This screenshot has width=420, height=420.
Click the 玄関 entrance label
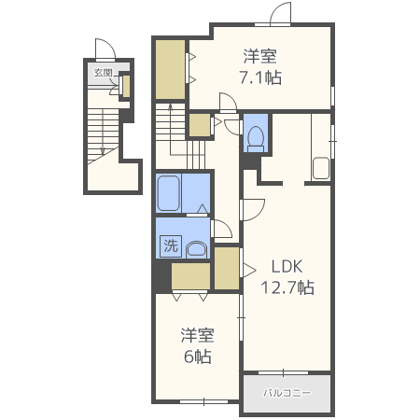[x=103, y=73]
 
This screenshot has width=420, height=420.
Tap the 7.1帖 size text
[x=260, y=77]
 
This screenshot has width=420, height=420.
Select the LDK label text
[x=287, y=267]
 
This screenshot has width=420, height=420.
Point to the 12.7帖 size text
[x=287, y=287]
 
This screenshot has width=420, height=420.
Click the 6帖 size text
[x=198, y=357]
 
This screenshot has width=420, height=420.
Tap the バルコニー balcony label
[x=287, y=393]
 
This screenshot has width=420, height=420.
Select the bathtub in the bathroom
[x=168, y=193]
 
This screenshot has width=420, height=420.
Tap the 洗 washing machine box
[x=171, y=246]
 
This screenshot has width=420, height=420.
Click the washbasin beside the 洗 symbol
[x=197, y=249]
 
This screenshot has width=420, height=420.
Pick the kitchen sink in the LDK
[x=321, y=168]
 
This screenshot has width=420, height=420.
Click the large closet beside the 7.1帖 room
[x=170, y=70]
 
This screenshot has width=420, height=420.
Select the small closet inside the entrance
[x=126, y=86]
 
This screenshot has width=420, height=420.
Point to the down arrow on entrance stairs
[x=103, y=132]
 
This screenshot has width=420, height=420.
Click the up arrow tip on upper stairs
[x=170, y=105]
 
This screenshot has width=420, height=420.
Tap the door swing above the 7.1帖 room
[x=280, y=13]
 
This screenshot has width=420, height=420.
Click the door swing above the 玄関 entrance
[x=105, y=49]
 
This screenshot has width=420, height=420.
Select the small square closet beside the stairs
[x=200, y=125]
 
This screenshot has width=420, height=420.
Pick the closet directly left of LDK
[x=227, y=269]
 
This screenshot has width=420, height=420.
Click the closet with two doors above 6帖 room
[x=190, y=276]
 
